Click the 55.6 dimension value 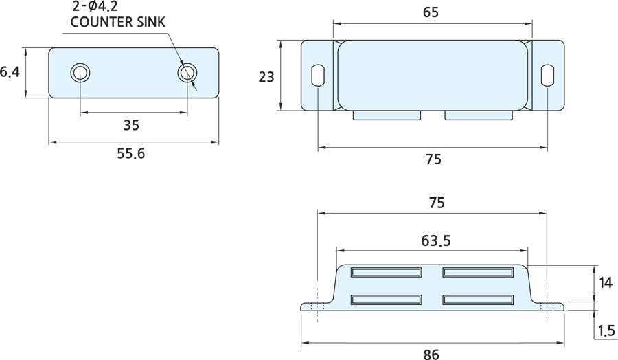point(130,154)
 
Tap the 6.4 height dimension point(9,71)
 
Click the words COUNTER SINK point(118,22)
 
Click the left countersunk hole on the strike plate point(80,73)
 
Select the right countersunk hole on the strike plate point(186,73)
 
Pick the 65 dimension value point(431,12)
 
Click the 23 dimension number point(266,76)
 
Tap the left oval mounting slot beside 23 point(319,75)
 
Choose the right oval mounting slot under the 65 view point(547,75)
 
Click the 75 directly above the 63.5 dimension point(436,203)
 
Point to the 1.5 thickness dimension point(606,331)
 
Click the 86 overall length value point(431,355)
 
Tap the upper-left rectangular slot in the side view point(386,272)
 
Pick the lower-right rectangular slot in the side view point(478,300)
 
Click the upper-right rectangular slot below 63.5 point(478,272)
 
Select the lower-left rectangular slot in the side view point(386,300)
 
